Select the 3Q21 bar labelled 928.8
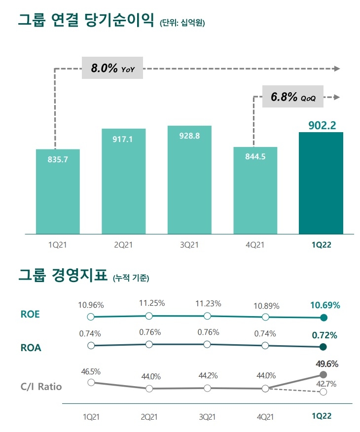[190, 180]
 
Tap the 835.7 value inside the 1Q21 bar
[58, 160]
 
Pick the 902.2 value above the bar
[321, 125]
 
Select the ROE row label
[31, 314]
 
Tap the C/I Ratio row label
[41, 386]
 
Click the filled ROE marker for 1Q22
[324, 318]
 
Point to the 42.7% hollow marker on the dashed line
[323, 392]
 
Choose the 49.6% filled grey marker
[324, 375]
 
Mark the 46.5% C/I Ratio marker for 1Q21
[90, 382]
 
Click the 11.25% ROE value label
[149, 303]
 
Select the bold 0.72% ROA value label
[324, 335]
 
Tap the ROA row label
[31, 347]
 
